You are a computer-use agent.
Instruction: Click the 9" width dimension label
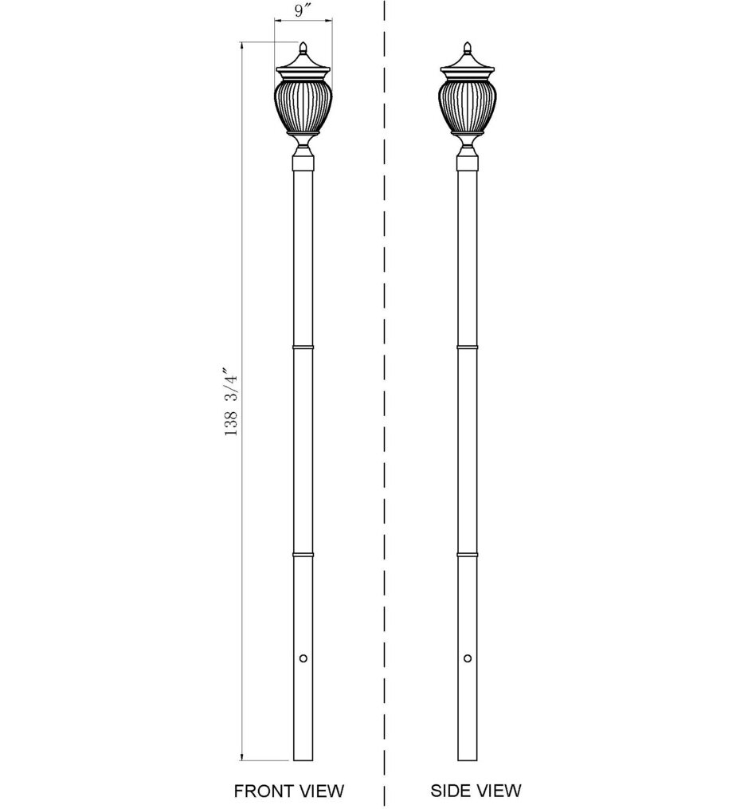303,12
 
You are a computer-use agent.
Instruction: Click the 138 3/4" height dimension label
231,403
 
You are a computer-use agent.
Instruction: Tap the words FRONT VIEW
288,791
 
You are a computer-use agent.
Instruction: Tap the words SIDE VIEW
476,791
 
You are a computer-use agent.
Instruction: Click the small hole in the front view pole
303,658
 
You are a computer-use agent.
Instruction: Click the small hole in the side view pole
467,658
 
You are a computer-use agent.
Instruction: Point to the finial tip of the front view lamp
303,44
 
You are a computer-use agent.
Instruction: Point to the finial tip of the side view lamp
467,44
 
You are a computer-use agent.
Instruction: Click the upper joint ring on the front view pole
303,348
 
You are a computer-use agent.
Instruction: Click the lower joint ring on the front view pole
303,552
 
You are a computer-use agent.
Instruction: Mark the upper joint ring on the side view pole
467,348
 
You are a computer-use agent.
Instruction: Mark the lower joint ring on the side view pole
467,552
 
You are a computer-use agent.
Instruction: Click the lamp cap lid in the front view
303,65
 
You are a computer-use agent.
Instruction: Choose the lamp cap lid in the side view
467,65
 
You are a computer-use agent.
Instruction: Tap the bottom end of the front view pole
303,758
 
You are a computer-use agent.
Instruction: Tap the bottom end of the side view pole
467,758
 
